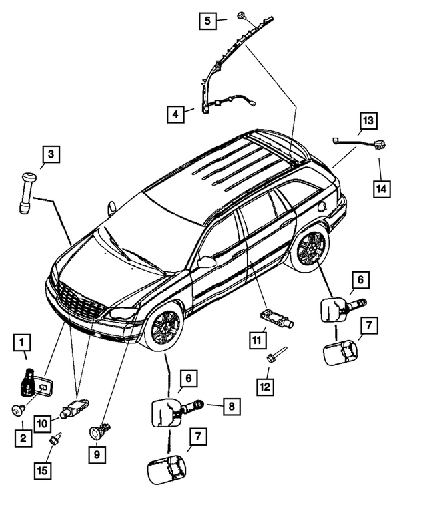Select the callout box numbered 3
click(50, 156)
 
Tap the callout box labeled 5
click(207, 21)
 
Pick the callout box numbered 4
click(175, 114)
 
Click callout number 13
click(368, 121)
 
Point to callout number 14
click(380, 188)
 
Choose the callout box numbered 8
click(231, 405)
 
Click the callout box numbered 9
click(97, 456)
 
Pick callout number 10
click(42, 422)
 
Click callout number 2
click(24, 438)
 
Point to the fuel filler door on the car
click(322, 206)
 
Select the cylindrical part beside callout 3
click(27, 192)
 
